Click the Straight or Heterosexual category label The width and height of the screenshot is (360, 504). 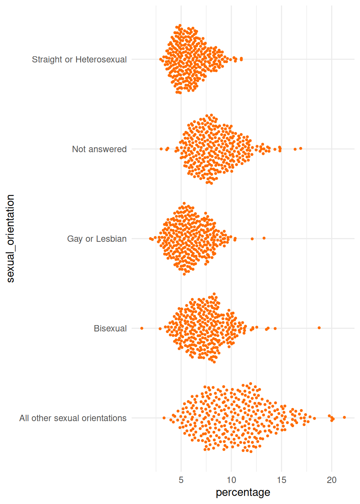(x=79, y=60)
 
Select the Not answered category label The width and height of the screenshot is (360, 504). (x=99, y=149)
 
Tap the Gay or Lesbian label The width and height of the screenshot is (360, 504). (x=97, y=239)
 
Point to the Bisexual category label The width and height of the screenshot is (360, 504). (x=110, y=328)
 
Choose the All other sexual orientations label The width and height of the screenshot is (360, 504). (x=73, y=418)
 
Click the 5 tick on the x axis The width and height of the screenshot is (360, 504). (x=181, y=480)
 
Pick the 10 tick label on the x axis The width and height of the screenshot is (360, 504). (x=231, y=480)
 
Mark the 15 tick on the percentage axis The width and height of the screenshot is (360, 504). (x=282, y=480)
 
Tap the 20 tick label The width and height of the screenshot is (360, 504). (x=331, y=480)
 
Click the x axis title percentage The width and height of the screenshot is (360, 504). (x=243, y=492)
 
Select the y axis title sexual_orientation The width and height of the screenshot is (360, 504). (x=10, y=238)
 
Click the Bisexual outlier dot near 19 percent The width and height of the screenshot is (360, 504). (x=319, y=328)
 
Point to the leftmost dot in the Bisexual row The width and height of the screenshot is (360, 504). (x=142, y=328)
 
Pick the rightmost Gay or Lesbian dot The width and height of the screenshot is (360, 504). (x=264, y=238)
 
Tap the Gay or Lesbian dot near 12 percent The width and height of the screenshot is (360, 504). (x=252, y=239)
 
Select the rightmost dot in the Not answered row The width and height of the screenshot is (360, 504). (x=301, y=148)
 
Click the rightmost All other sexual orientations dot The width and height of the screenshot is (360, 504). (x=344, y=417)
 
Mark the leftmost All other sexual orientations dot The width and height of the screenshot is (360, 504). (x=164, y=418)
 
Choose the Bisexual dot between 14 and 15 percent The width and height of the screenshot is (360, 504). (x=275, y=328)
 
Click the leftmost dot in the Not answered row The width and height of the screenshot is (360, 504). (x=161, y=149)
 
